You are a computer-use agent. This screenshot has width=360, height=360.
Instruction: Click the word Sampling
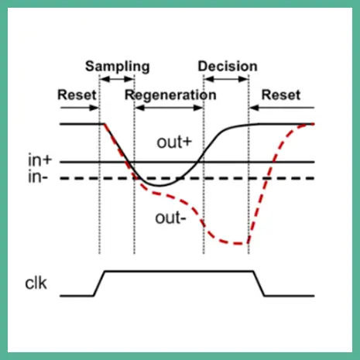[x=118, y=67]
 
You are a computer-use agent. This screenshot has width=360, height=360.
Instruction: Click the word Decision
[x=228, y=67]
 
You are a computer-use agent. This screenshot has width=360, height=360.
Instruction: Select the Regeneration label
[x=170, y=95]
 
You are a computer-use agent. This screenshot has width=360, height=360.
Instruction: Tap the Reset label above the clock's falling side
[x=281, y=95]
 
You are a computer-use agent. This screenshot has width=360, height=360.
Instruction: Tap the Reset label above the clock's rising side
[x=77, y=94]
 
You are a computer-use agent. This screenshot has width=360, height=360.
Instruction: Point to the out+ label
[x=174, y=142]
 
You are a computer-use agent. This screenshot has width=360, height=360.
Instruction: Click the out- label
[x=170, y=218]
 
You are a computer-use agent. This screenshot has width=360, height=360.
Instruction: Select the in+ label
[x=40, y=160]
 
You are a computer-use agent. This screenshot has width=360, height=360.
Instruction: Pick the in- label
[x=38, y=177]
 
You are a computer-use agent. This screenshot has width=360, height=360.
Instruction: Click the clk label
[x=36, y=283]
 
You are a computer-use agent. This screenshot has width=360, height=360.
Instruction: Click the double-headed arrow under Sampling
[x=117, y=79]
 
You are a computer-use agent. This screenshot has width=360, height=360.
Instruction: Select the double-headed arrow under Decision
[x=226, y=79]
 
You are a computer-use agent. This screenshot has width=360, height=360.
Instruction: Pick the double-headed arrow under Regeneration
[x=169, y=108]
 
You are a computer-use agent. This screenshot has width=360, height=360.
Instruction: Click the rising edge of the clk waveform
[x=99, y=283]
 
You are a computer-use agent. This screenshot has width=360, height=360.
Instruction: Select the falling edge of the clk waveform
[x=259, y=283]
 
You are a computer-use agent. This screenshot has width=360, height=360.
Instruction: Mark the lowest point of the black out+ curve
[x=159, y=186]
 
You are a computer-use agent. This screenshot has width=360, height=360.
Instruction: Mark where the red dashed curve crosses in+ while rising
[x=273, y=162]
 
